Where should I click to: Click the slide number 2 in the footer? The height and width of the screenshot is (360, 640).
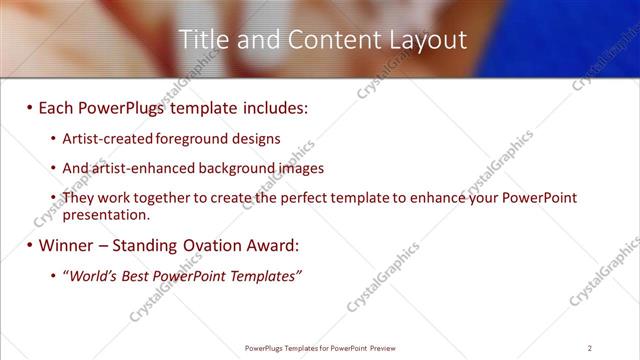tap(589, 347)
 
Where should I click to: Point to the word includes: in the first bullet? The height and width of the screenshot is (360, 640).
tap(269, 105)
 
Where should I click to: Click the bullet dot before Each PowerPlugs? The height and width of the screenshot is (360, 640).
tap(30, 106)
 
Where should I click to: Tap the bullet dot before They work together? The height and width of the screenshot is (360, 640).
tap(53, 198)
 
